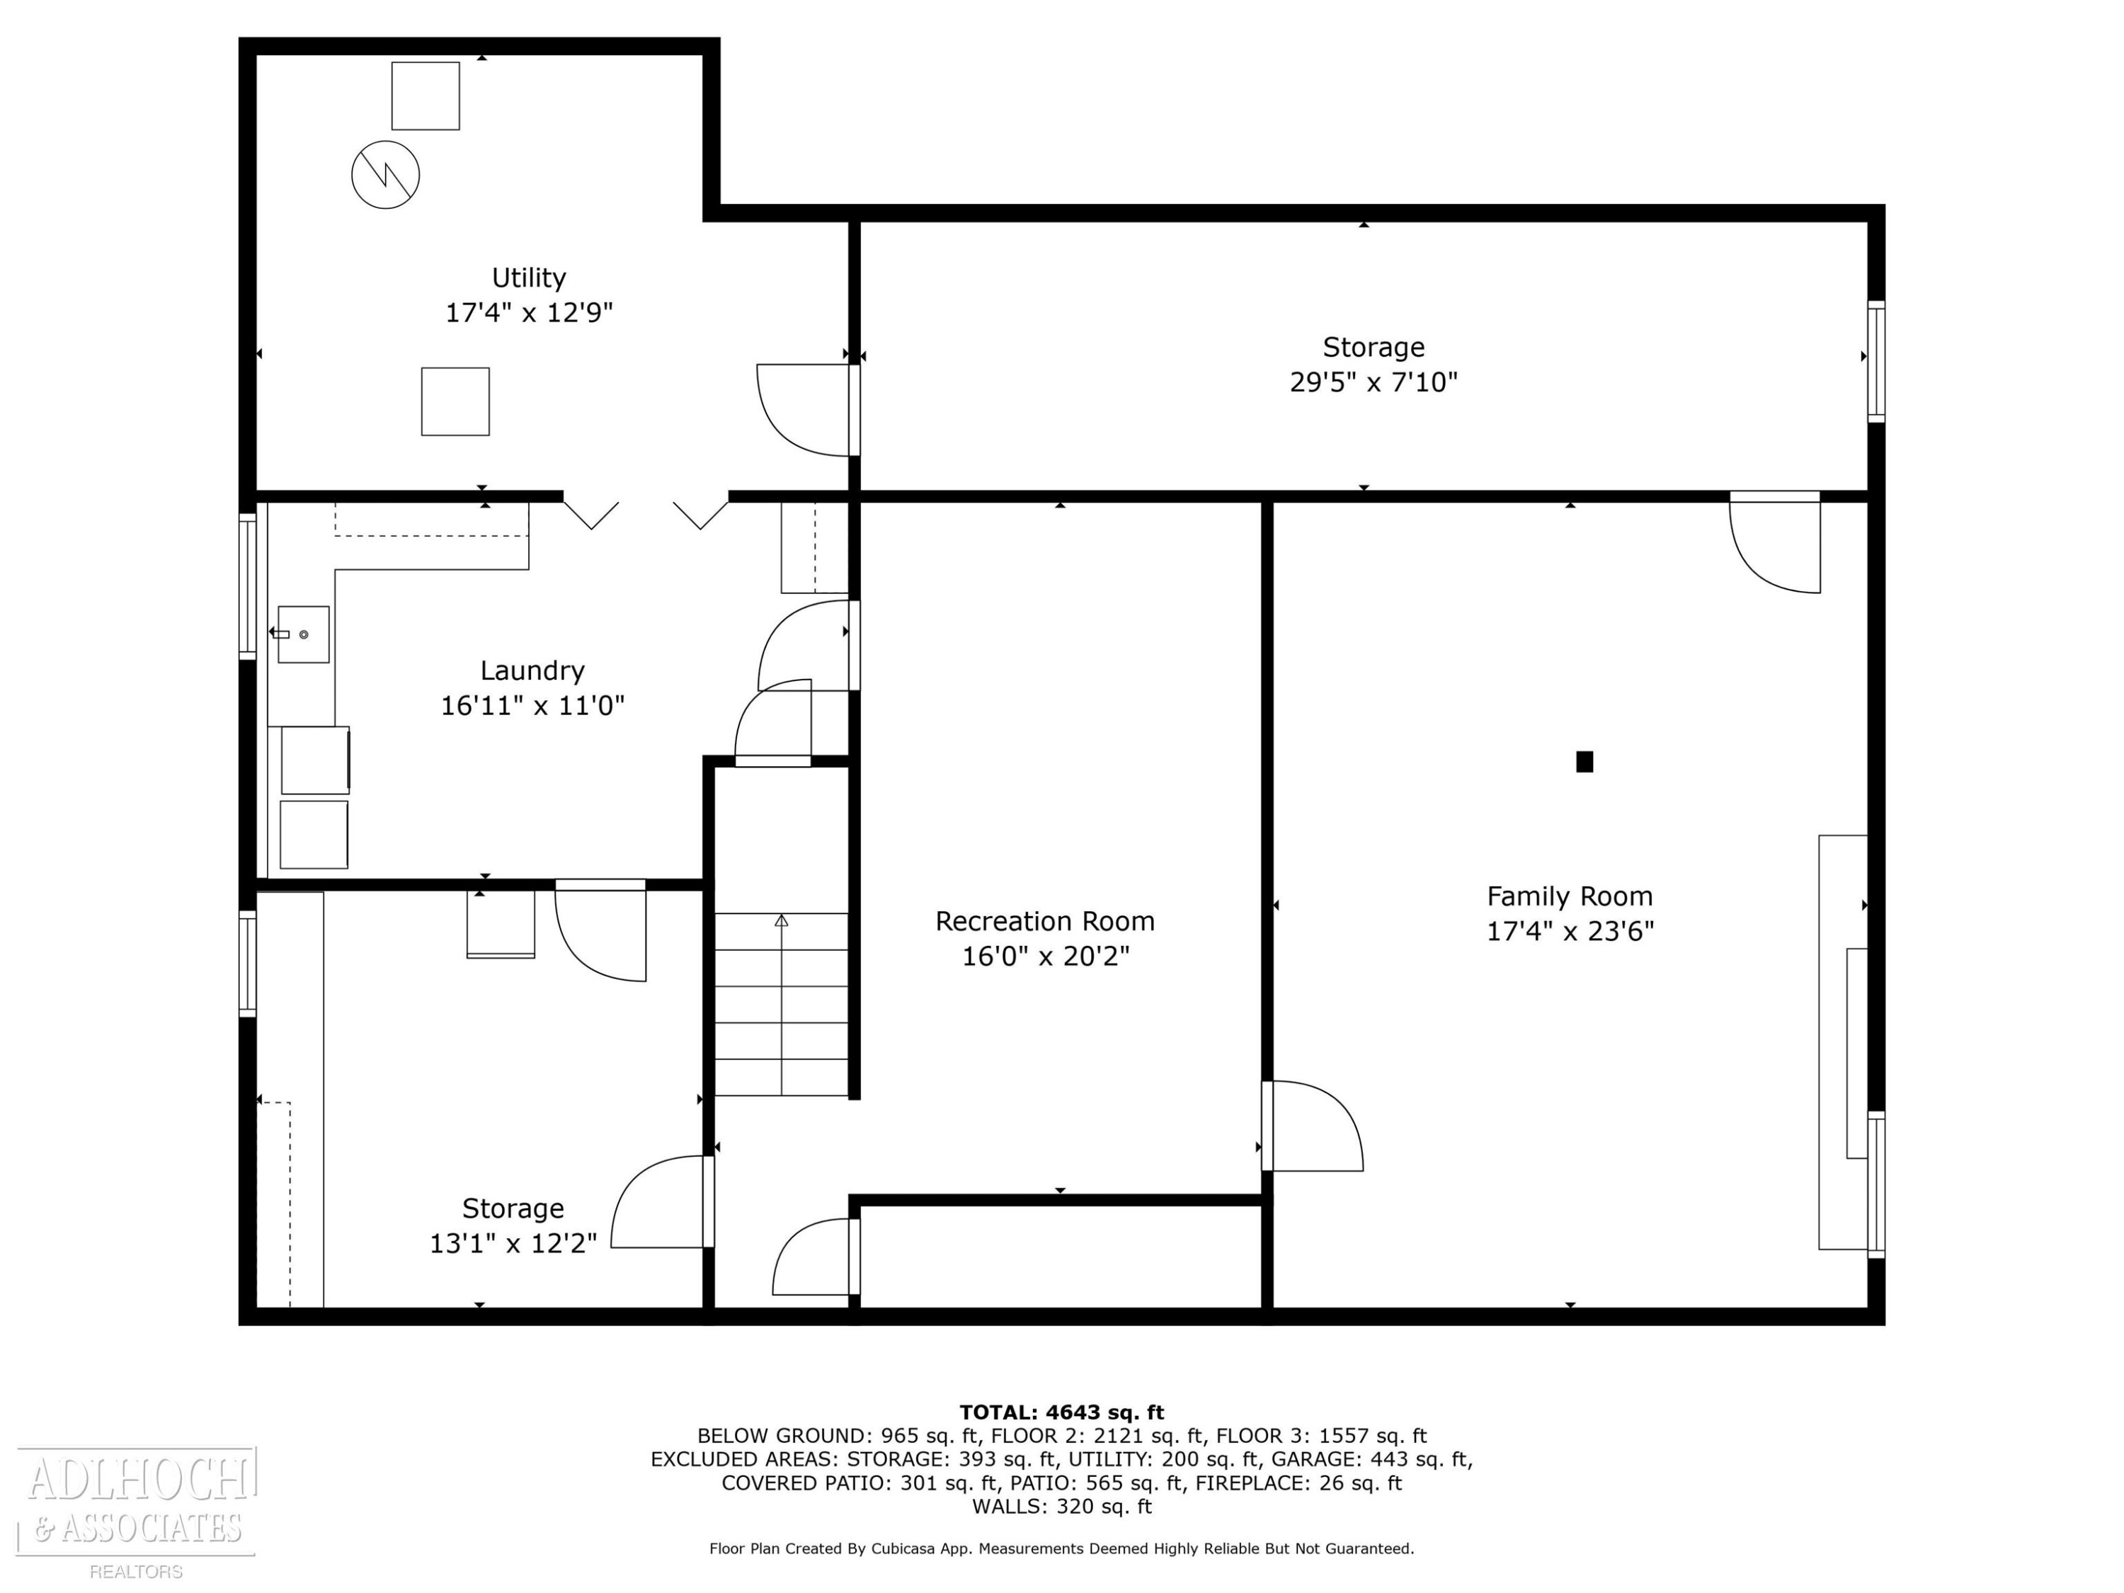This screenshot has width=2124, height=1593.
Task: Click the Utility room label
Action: [528, 278]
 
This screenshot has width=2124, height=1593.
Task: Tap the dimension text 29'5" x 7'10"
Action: [1373, 382]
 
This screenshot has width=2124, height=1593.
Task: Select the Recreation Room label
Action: [1045, 921]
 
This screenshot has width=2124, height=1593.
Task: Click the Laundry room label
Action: [532, 670]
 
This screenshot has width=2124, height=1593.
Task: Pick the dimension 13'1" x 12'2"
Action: [513, 1243]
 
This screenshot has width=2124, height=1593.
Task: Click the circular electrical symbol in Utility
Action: [385, 175]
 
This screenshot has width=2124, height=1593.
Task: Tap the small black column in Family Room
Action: [1585, 761]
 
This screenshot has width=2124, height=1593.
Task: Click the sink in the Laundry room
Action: [304, 634]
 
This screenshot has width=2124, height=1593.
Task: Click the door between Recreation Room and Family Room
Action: [1313, 1126]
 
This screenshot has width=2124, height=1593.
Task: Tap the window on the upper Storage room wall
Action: [1875, 361]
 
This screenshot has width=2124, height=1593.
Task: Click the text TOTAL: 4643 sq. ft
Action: [1061, 1412]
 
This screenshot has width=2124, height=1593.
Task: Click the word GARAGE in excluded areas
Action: [1313, 1458]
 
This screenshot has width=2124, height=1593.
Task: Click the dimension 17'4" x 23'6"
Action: [1570, 932]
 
